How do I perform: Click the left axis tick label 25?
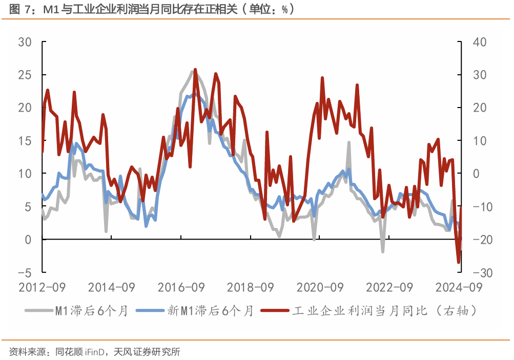[x=25, y=75]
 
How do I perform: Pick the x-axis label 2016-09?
[x=181, y=287]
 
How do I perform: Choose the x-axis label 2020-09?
[x=320, y=287]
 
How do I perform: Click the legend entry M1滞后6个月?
[x=90, y=310]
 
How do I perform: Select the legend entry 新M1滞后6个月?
[x=210, y=310]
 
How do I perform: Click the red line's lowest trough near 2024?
[x=459, y=263]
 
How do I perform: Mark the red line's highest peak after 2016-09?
[x=195, y=69]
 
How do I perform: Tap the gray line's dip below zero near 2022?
[x=382, y=251]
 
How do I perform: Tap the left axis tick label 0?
[x=28, y=240]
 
